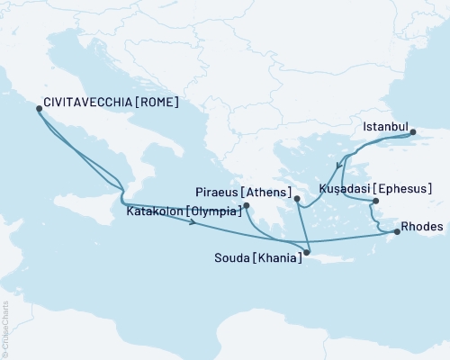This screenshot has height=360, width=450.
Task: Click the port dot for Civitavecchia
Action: (x=39, y=108)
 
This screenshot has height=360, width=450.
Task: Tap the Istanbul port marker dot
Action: (x=414, y=133)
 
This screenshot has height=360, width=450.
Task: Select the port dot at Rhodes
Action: (x=395, y=233)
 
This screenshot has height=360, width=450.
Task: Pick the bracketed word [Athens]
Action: (x=264, y=192)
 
